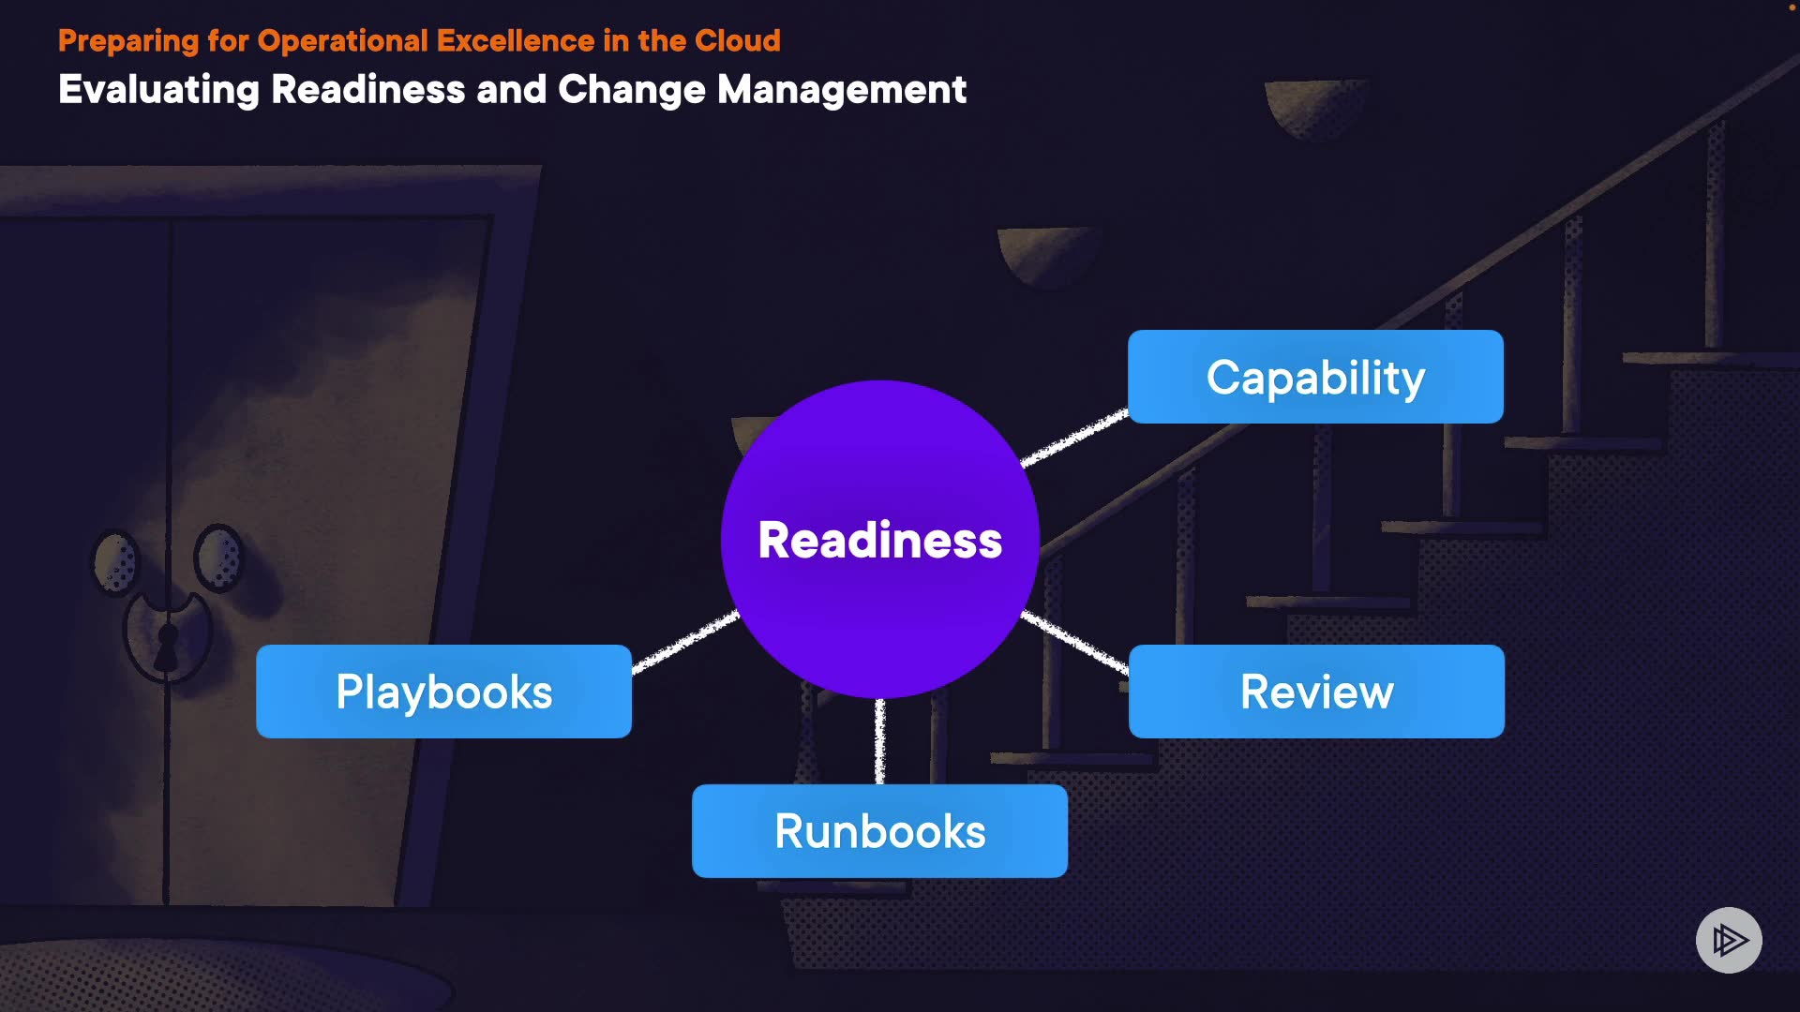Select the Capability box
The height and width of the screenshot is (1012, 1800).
point(1315,377)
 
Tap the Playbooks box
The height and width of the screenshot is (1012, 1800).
point(443,692)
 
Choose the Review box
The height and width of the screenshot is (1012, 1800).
point(1316,692)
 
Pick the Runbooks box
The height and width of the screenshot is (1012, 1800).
point(879,831)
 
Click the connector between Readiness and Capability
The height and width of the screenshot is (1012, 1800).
point(1075,437)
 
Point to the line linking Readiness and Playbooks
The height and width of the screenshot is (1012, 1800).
point(685,642)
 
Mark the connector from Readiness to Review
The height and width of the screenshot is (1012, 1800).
point(1075,642)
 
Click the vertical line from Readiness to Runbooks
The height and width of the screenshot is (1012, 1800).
point(879,741)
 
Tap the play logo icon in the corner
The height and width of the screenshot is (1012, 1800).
point(1729,940)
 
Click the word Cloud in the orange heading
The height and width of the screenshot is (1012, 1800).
point(738,41)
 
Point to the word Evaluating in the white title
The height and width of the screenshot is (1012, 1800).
point(158,90)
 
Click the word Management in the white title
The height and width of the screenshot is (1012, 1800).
point(842,90)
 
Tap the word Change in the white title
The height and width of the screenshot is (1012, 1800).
point(632,90)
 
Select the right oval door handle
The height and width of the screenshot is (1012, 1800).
point(218,557)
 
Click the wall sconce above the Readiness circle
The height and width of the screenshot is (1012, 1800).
point(1047,253)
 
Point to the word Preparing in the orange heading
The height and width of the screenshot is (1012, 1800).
point(128,41)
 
